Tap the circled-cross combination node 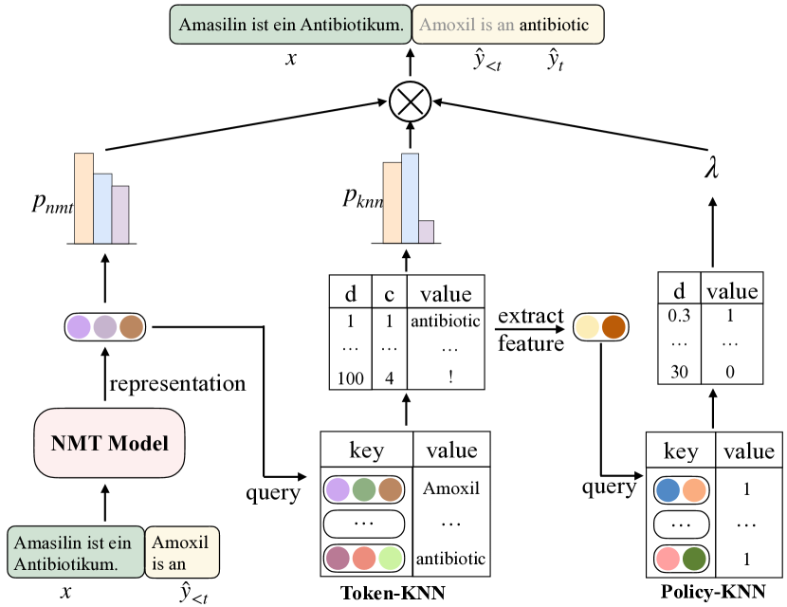tap(411, 99)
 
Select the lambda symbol tap(711, 169)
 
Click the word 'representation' tap(177, 383)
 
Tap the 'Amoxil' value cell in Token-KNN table tap(451, 489)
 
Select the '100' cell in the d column tap(350, 378)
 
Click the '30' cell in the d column tap(679, 372)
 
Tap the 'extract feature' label tap(530, 329)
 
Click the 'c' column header tap(389, 292)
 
